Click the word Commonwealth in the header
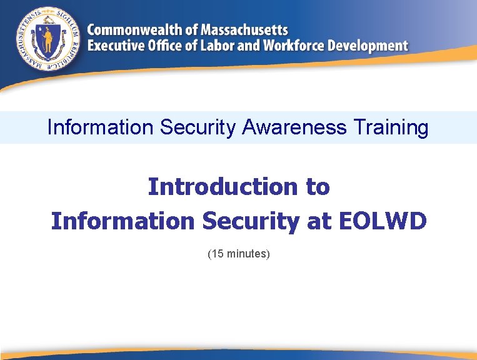click(134, 30)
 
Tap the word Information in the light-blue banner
click(100, 127)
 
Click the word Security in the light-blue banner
click(198, 127)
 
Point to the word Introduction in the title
click(222, 186)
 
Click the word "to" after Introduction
click(318, 186)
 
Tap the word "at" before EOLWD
click(317, 221)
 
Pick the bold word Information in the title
click(123, 221)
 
